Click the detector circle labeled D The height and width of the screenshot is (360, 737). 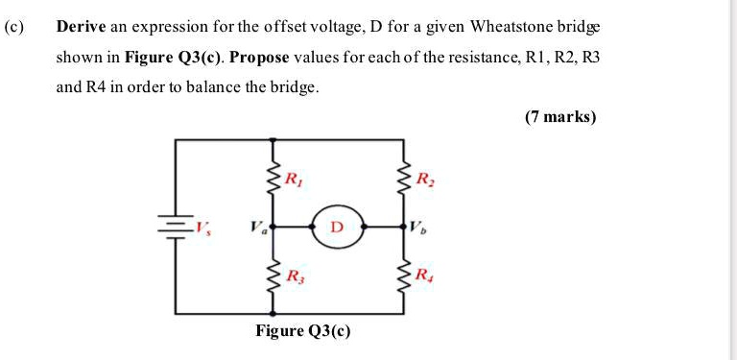point(337,228)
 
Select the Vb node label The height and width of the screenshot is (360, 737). point(417,228)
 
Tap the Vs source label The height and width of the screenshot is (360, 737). point(202,228)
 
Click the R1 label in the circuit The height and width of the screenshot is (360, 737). point(294,178)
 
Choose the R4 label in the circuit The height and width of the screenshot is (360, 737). point(424,276)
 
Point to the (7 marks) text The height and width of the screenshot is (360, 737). point(560,117)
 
